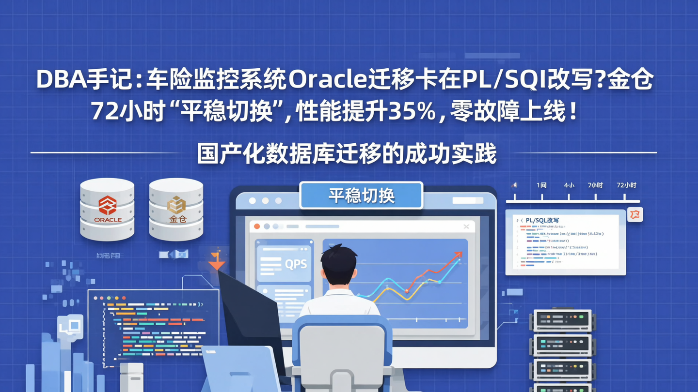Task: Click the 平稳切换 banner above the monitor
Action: tap(361, 196)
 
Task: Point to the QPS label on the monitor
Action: tap(296, 264)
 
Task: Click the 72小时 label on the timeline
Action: tap(626, 185)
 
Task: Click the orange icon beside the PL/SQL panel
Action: tap(635, 214)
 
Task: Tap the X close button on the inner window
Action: tap(466, 226)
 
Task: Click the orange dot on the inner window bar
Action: tap(257, 226)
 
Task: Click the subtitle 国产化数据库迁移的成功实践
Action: tap(347, 155)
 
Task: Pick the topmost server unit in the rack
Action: tap(562, 320)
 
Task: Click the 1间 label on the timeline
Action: tap(541, 185)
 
